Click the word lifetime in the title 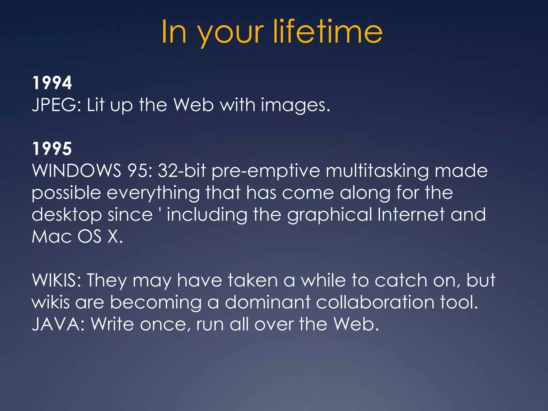(x=328, y=32)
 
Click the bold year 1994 (x=52, y=83)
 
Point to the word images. (x=295, y=105)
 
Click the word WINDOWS (x=77, y=170)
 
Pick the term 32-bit (x=182, y=170)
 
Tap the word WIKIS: (x=56, y=280)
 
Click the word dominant (x=268, y=302)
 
